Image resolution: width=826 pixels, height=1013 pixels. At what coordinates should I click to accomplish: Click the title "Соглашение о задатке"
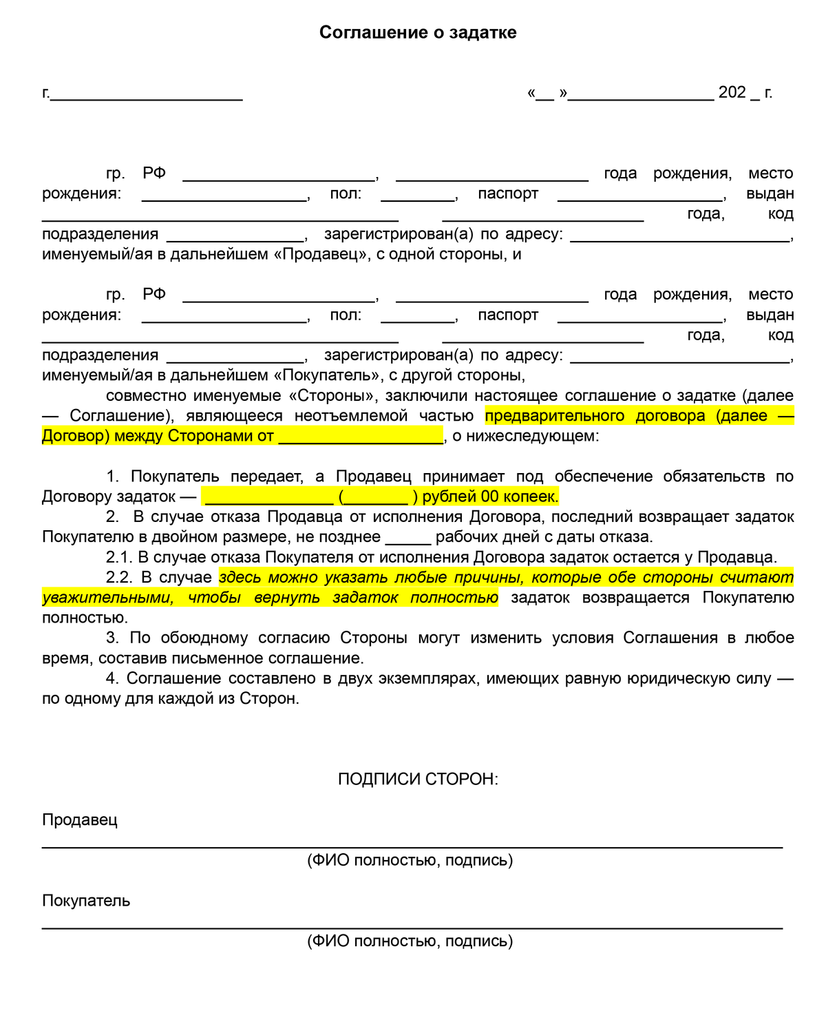418,32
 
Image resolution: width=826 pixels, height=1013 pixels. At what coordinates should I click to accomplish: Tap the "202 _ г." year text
745,92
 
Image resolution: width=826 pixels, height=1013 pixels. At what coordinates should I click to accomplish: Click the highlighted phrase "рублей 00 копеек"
490,497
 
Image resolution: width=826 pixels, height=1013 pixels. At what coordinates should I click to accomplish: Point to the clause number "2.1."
120,557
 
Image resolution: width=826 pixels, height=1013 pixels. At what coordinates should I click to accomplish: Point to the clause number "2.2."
120,577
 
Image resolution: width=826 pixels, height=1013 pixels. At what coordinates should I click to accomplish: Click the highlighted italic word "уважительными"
107,598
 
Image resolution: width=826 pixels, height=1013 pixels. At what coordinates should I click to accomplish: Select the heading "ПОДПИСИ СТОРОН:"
418,779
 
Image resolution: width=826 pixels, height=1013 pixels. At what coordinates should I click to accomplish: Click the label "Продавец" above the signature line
80,819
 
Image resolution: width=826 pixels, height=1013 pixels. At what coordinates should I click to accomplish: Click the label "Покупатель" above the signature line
86,901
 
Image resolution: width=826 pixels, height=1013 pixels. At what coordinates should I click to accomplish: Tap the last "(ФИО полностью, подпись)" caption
410,941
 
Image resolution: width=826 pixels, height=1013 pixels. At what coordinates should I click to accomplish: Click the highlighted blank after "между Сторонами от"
361,437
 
